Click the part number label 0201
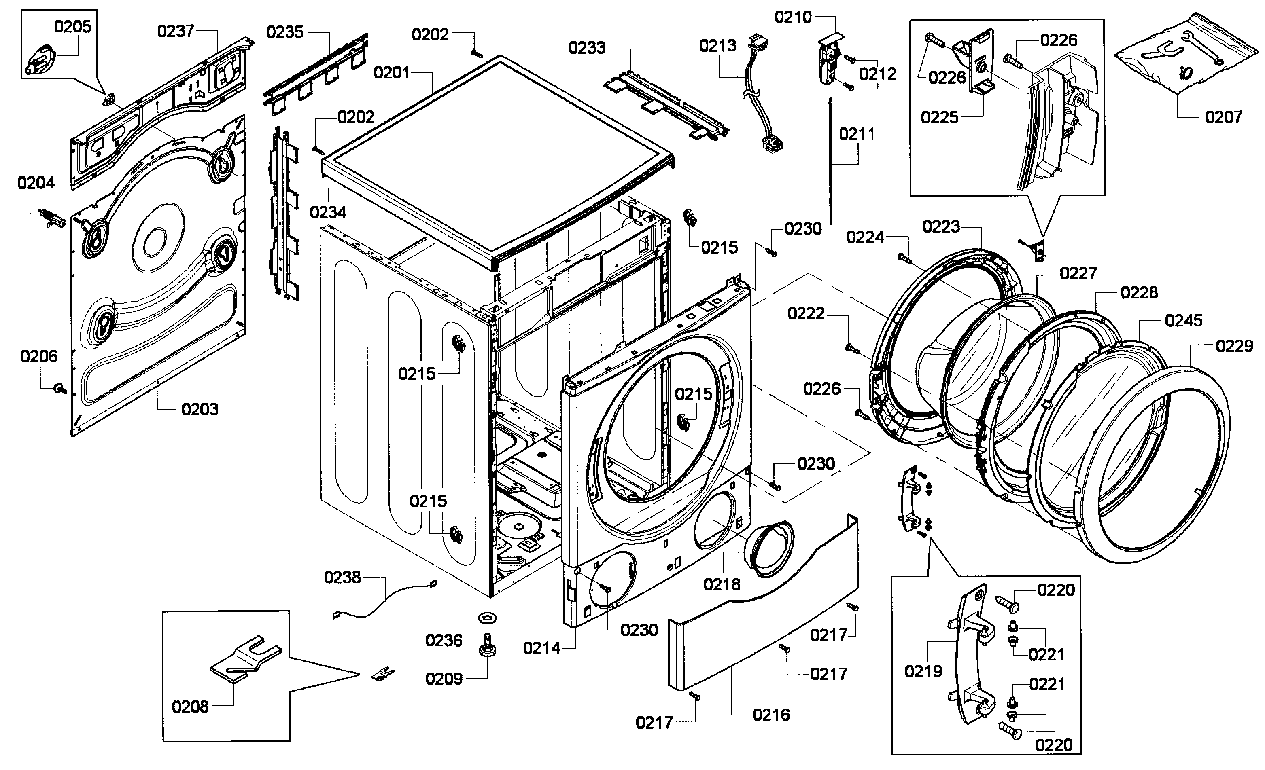[x=391, y=73]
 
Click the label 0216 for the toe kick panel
[x=771, y=715]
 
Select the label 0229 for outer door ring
[x=1234, y=346]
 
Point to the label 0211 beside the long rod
[x=857, y=134]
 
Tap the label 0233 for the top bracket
[x=587, y=48]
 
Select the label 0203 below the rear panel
[x=200, y=409]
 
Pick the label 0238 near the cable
[x=342, y=577]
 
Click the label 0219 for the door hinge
[x=923, y=671]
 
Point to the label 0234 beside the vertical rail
[x=328, y=212]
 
